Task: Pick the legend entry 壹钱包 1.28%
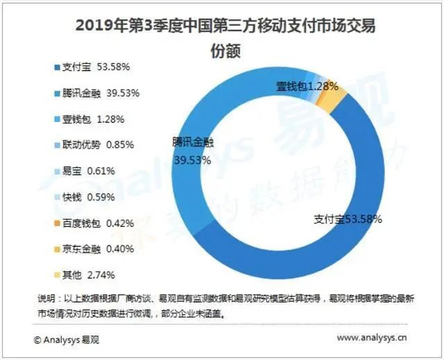pos(91,119)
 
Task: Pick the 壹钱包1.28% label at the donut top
pos(307,86)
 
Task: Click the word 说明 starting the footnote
pos(47,298)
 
